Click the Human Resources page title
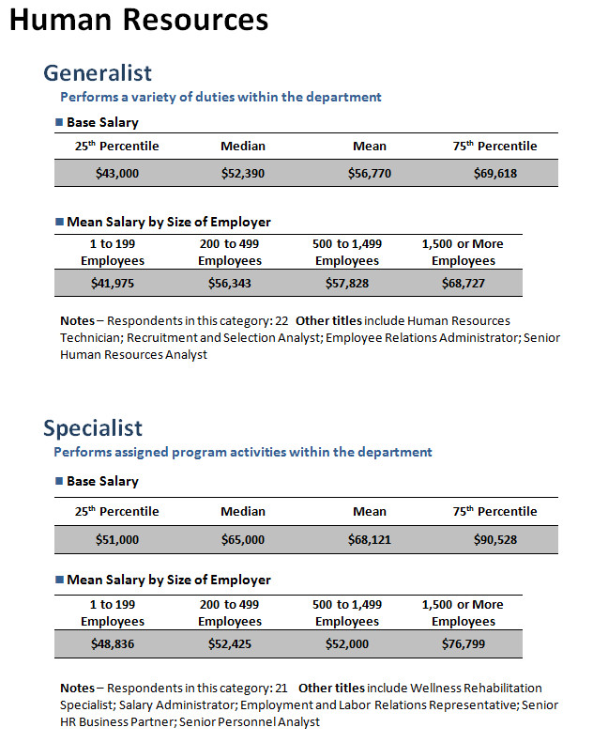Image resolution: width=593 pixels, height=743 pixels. click(139, 20)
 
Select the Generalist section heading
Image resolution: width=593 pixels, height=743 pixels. click(98, 73)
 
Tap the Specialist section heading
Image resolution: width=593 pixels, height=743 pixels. click(93, 428)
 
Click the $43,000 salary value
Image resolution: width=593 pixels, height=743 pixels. click(117, 174)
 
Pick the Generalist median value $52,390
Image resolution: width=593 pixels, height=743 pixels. click(243, 174)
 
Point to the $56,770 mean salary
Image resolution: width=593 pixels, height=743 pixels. click(370, 174)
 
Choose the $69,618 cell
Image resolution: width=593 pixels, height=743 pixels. click(495, 174)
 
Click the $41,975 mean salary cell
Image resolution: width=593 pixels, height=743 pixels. click(113, 284)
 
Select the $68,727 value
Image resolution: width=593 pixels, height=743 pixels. click(464, 284)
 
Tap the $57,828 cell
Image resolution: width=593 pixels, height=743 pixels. click(347, 284)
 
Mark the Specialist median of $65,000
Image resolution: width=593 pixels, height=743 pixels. click(243, 540)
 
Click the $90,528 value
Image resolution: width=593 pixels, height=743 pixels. click(495, 540)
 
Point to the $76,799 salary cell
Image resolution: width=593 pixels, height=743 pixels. click(464, 644)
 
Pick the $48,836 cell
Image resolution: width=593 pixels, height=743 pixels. click(113, 644)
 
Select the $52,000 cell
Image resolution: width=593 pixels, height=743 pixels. click(347, 644)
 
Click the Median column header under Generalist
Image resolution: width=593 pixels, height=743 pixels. click(243, 146)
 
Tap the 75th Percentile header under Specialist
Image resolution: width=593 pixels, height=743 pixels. click(495, 511)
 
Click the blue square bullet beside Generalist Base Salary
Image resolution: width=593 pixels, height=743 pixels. click(59, 122)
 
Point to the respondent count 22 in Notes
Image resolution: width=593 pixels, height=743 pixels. click(281, 321)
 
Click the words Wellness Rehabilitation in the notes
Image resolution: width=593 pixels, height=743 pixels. click(476, 688)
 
